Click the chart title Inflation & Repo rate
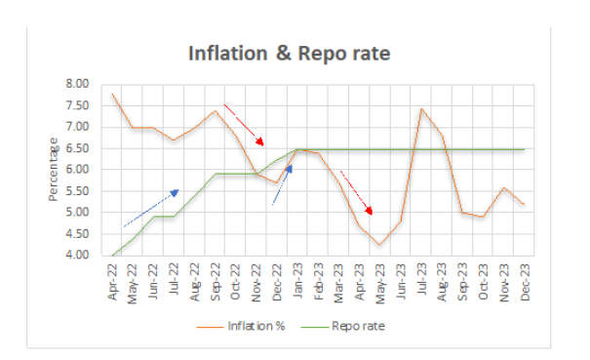289,54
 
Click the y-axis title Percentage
53,170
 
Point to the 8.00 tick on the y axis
76,84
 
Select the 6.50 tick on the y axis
76,148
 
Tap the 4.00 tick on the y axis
76,256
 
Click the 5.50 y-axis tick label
76,191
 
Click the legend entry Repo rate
357,327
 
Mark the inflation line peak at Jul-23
421,108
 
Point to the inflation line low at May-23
380,244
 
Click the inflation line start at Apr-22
112,94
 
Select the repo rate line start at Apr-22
112,256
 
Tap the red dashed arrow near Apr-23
356,191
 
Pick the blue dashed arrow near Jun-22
151,208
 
